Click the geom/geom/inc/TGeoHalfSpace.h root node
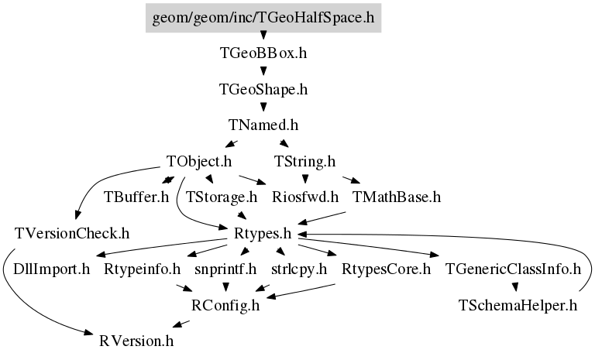(x=263, y=18)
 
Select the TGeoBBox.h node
(x=263, y=53)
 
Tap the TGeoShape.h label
(x=263, y=90)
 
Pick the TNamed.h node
(x=263, y=125)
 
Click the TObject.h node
(x=199, y=162)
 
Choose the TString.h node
(x=305, y=162)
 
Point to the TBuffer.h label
(x=136, y=197)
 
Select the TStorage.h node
(x=222, y=197)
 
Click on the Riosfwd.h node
(x=305, y=197)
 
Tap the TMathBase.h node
(x=397, y=197)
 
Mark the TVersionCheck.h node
(x=72, y=234)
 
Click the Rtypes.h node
(x=263, y=234)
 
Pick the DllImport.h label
(x=52, y=269)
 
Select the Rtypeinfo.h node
(x=143, y=269)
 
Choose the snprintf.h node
(x=225, y=269)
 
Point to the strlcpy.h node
(x=299, y=269)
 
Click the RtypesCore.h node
(x=387, y=269)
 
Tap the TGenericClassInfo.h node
(x=513, y=269)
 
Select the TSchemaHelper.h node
(x=518, y=305)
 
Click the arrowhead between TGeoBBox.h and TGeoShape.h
(x=263, y=71)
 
